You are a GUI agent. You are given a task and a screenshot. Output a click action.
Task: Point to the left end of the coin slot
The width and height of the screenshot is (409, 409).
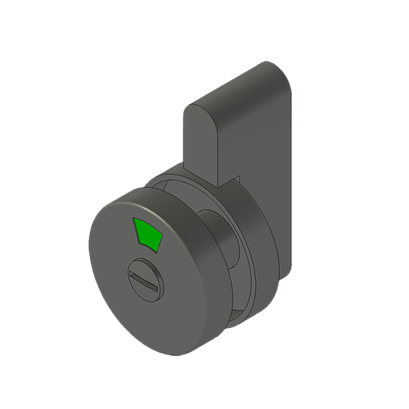(132, 273)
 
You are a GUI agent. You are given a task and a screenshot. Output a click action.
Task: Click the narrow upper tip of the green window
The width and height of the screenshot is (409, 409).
(137, 221)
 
